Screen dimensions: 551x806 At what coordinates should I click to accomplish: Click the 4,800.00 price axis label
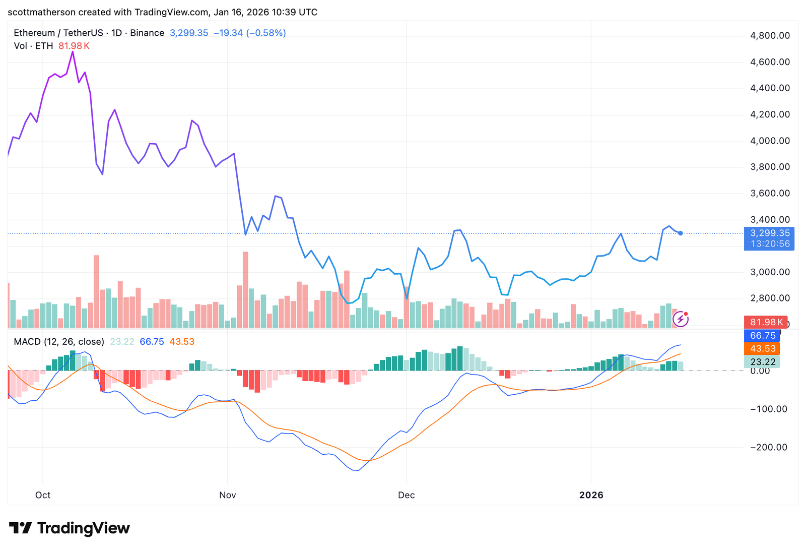click(x=770, y=36)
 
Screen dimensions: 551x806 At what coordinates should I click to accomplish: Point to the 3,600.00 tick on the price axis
click(x=770, y=193)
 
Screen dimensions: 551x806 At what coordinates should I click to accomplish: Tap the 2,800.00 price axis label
click(x=770, y=298)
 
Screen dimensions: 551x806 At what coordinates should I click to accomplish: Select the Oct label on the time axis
click(x=43, y=495)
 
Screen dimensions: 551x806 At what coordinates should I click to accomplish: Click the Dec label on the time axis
click(x=406, y=495)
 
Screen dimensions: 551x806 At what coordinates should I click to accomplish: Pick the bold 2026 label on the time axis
click(x=591, y=495)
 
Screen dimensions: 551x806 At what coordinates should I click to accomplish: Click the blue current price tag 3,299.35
click(x=769, y=233)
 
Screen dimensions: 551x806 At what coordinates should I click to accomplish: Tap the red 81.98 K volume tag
click(x=766, y=322)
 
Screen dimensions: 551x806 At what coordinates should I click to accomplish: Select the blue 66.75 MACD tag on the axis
click(x=763, y=336)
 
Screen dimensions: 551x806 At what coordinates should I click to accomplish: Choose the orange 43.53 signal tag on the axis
click(x=763, y=349)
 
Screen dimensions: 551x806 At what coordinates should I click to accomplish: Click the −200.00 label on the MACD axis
click(x=768, y=447)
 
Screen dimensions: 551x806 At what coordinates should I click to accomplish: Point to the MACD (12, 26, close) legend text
click(x=59, y=342)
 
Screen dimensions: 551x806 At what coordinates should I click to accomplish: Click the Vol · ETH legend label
click(x=33, y=46)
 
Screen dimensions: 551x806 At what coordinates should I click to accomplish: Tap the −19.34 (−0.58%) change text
click(x=249, y=33)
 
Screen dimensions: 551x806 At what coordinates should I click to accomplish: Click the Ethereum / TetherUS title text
click(x=58, y=33)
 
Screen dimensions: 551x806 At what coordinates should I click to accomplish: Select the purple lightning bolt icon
click(x=681, y=319)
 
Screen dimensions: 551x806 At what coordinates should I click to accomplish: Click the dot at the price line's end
click(x=681, y=233)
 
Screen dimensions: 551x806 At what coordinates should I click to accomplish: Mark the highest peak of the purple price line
click(x=73, y=52)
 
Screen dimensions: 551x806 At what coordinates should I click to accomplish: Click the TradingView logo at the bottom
click(x=70, y=528)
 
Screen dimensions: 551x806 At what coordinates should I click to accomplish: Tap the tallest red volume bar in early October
click(x=96, y=291)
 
